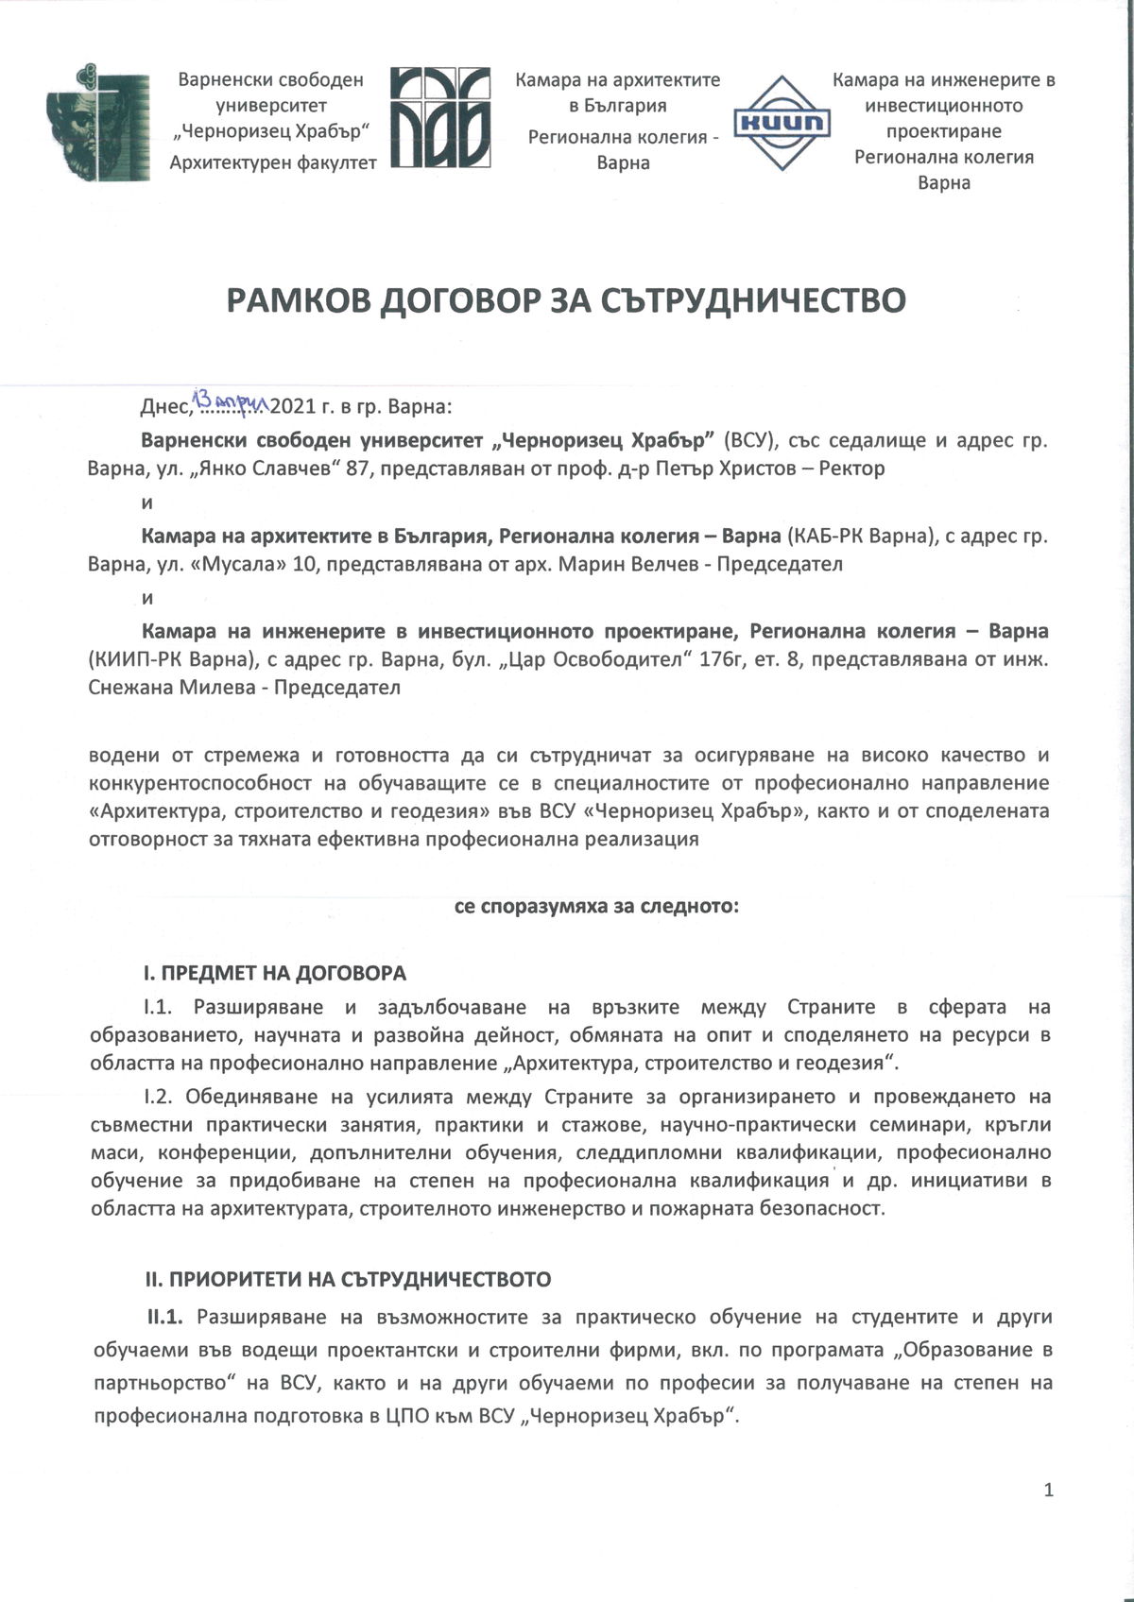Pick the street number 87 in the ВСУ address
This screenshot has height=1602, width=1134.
coord(359,469)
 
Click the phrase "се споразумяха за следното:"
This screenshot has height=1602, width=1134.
coord(596,907)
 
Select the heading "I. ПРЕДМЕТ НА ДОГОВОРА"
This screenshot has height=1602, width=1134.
coord(274,973)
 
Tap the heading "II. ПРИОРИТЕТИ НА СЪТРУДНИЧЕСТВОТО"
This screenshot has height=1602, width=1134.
coord(347,1280)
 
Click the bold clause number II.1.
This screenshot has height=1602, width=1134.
coord(170,1317)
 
